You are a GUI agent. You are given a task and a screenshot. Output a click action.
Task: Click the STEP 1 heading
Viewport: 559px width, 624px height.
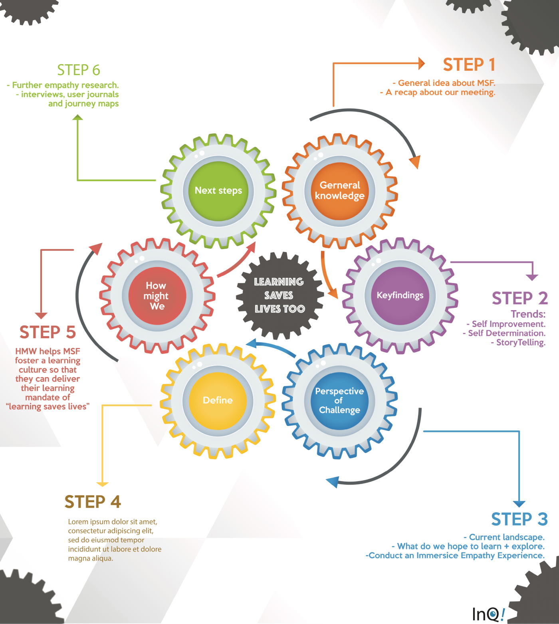click(469, 65)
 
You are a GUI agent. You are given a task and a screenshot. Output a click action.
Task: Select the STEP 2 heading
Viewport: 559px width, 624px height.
click(519, 298)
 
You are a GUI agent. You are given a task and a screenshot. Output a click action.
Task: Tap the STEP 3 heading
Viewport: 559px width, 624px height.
click(519, 519)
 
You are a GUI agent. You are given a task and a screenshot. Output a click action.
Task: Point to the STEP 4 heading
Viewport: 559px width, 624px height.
click(93, 502)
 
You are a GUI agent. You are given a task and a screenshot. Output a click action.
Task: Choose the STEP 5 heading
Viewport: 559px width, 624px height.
click(48, 332)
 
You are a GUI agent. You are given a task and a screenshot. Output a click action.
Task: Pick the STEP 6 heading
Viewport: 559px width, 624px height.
click(78, 70)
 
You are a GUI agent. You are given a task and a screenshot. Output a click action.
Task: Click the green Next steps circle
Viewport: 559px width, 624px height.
click(218, 191)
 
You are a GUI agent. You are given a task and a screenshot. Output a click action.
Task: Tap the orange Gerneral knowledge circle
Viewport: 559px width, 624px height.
click(340, 191)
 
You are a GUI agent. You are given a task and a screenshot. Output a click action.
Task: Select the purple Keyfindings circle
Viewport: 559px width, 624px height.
click(400, 295)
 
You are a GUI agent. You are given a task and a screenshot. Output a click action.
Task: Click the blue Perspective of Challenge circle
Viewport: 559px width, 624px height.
click(339, 400)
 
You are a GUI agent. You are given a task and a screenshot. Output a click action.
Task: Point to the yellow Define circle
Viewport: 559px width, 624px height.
click(218, 400)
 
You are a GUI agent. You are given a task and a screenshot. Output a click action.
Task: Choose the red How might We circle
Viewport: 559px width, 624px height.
click(157, 296)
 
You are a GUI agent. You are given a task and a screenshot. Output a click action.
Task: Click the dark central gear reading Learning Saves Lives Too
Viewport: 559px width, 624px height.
click(279, 295)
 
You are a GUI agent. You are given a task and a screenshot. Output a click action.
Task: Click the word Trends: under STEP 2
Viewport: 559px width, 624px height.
click(528, 314)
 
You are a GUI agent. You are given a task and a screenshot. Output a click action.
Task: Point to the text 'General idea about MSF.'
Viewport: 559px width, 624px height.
click(446, 83)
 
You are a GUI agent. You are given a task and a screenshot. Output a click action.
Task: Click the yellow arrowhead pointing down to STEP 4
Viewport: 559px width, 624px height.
click(103, 484)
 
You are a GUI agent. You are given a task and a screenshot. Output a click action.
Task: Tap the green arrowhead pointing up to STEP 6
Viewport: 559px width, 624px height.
click(78, 117)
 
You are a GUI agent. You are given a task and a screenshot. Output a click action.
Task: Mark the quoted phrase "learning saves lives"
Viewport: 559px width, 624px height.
click(48, 407)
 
